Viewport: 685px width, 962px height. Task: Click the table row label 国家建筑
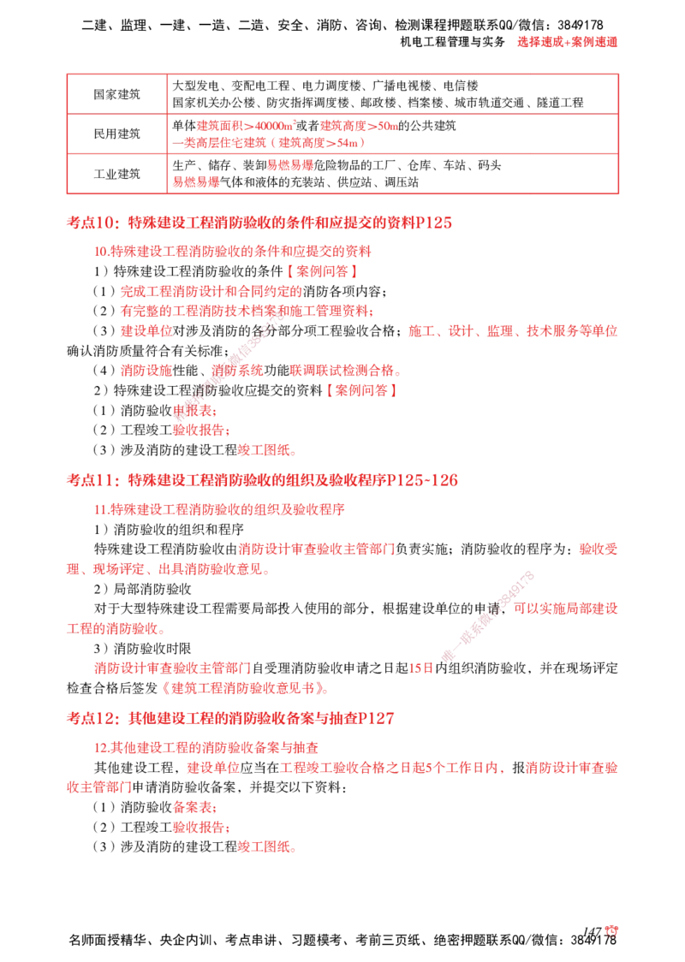click(116, 94)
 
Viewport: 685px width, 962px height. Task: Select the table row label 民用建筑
click(116, 134)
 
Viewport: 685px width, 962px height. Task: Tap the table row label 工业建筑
click(116, 174)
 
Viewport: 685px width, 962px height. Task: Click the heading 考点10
click(93, 223)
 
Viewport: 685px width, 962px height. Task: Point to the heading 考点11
click(93, 480)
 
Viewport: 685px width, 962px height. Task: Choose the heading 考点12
click(93, 718)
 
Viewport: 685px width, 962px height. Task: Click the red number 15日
click(421, 668)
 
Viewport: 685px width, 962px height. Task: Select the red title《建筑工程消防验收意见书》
click(244, 688)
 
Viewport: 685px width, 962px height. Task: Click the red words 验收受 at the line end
click(599, 549)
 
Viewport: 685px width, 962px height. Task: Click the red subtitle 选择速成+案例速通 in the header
click(567, 42)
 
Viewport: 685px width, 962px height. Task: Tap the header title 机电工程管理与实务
click(452, 42)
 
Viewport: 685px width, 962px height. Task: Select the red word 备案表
click(192, 807)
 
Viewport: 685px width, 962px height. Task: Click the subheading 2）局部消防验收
click(142, 589)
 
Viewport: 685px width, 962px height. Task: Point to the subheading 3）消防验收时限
click(142, 649)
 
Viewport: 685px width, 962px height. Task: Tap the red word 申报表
click(192, 411)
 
